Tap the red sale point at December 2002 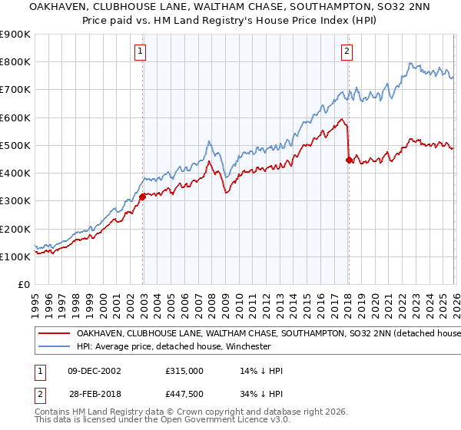coord(143,197)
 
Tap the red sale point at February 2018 coord(349,160)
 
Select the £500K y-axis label coord(15,145)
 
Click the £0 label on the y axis coord(23,284)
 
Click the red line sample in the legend coord(54,334)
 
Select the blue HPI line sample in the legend coord(54,346)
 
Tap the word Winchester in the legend coord(247,346)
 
